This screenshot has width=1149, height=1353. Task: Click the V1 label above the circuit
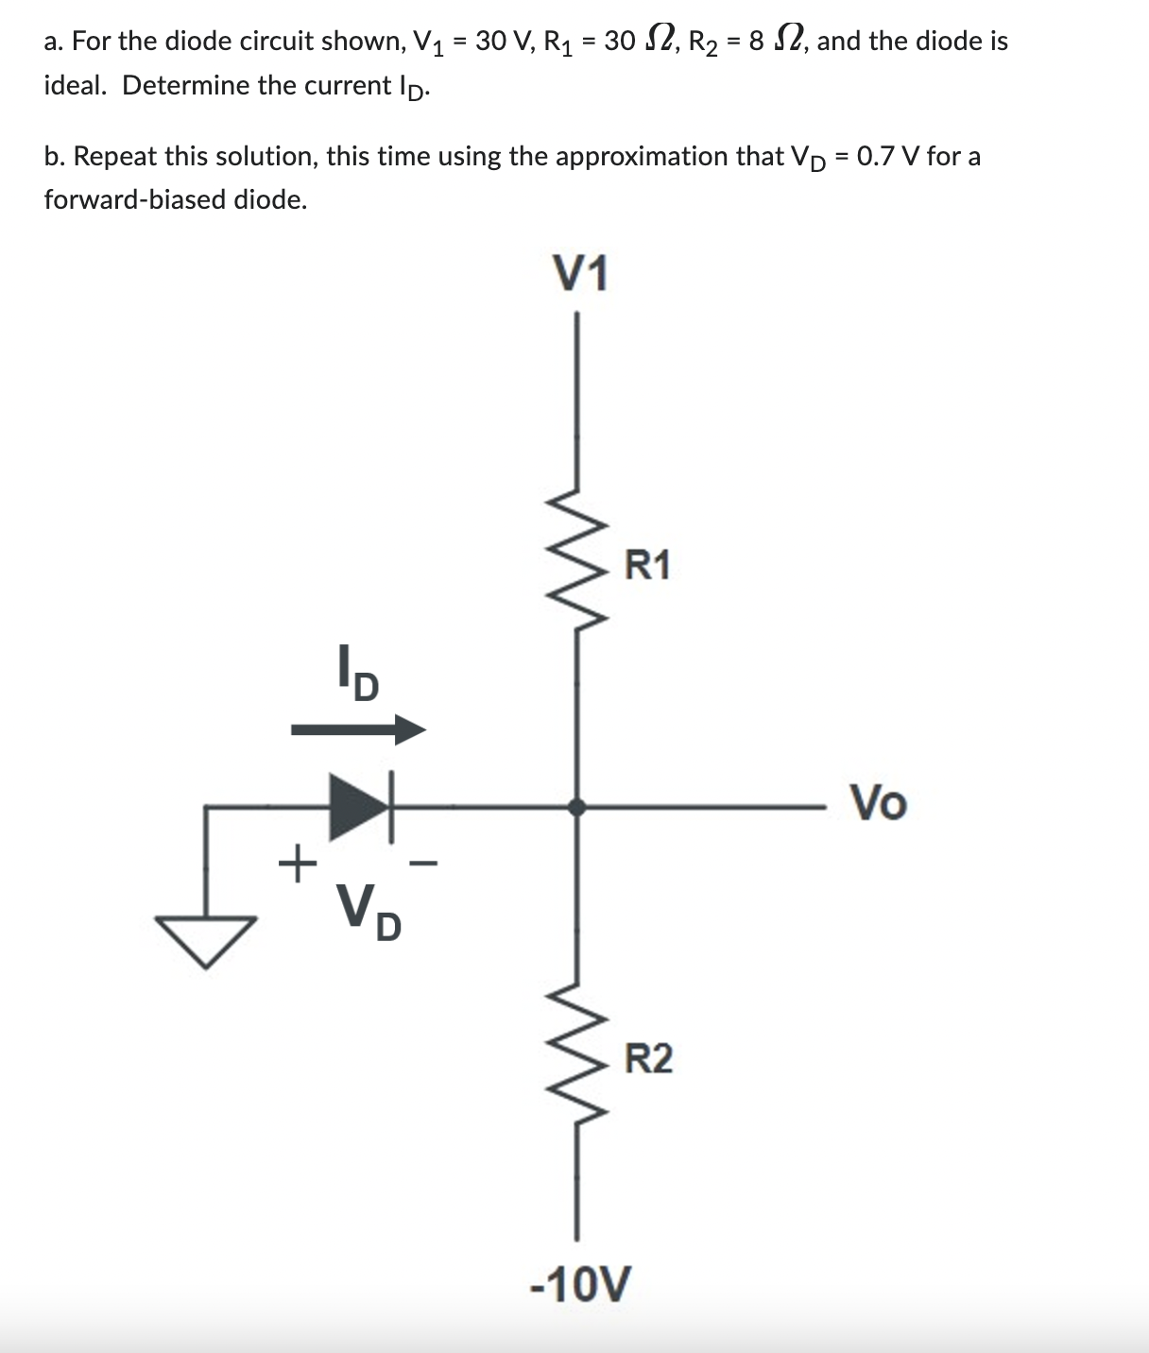point(580,275)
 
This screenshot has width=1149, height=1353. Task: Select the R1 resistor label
point(648,565)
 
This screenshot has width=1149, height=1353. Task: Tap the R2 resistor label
point(649,1059)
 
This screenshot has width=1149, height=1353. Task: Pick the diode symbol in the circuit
point(360,807)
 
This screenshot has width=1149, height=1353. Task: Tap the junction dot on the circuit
point(576,807)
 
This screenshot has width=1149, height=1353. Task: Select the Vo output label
point(879,804)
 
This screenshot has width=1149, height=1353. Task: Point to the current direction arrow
point(358,729)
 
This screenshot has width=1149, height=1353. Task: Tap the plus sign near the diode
point(298,863)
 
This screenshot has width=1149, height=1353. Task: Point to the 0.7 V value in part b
point(888,156)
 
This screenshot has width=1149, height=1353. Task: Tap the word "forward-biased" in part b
point(133,200)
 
